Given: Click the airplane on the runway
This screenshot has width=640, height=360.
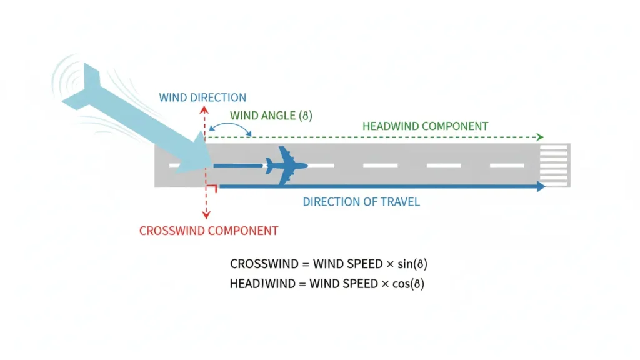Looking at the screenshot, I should click(287, 166).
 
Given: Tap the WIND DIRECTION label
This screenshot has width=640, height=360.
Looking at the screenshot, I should click(202, 98).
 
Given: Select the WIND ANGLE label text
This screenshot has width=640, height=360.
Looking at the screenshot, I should click(271, 116).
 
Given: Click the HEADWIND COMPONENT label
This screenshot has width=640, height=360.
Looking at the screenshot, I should click(425, 126).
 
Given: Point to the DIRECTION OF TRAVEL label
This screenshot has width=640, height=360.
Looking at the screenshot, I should click(361, 202).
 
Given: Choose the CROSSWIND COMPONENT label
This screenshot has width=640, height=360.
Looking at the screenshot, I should click(208, 231).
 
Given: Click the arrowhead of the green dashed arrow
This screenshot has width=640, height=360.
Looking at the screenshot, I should click(541, 137).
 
